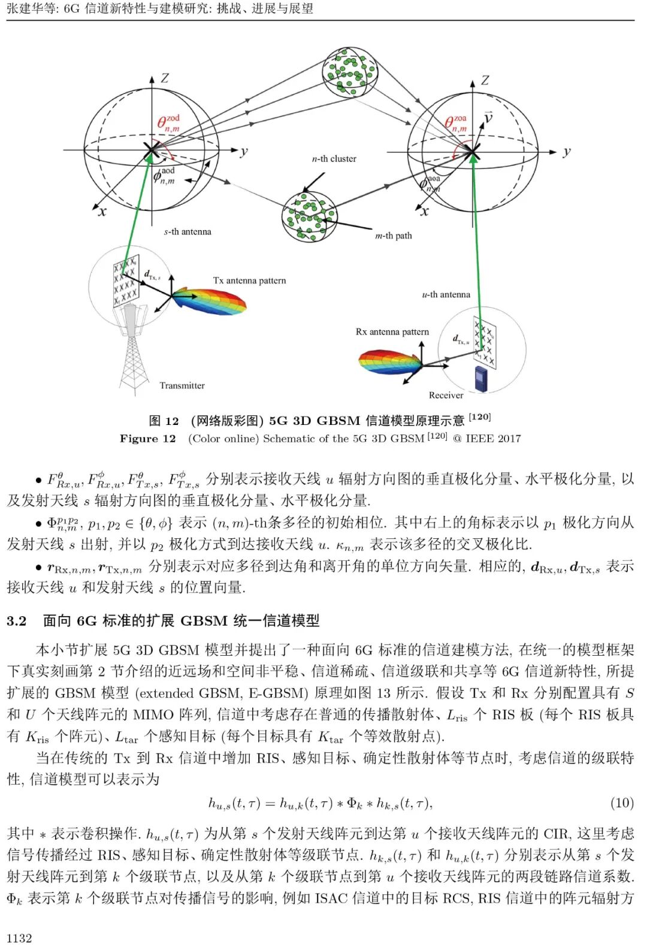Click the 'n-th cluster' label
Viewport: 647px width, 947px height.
tap(334, 159)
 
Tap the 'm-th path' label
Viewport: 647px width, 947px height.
tap(393, 236)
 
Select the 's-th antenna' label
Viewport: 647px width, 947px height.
tap(188, 232)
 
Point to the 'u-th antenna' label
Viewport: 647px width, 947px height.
tap(446, 294)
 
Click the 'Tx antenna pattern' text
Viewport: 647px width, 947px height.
tap(249, 281)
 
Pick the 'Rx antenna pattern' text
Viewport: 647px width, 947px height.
tap(392, 331)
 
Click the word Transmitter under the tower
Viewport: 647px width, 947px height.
tap(182, 385)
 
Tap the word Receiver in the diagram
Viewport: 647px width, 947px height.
tap(446, 395)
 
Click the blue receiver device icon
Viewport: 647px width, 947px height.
tap(481, 378)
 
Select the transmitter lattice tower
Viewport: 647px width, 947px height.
tap(133, 354)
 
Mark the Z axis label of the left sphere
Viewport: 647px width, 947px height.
tap(165, 78)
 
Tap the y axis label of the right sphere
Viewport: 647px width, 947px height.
tap(566, 152)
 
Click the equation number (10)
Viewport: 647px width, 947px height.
tap(621, 803)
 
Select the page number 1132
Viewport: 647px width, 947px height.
tap(20, 938)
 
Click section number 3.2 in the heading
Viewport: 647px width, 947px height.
tap(17, 621)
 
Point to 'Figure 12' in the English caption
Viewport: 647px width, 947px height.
tap(147, 439)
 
